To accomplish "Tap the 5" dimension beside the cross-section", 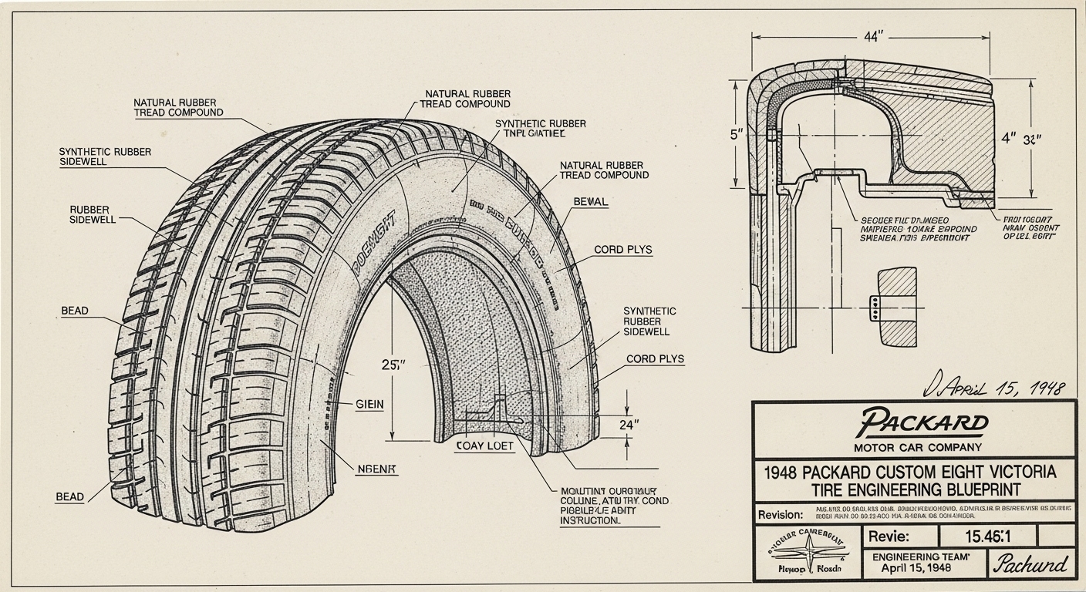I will pos(735,134).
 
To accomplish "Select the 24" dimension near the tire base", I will pos(630,423).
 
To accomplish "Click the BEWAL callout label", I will pos(591,202).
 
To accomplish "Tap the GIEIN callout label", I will pos(369,404).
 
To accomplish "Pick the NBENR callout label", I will pos(376,469).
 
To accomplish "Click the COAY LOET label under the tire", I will pos(484,446).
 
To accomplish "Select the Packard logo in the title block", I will pos(923,422).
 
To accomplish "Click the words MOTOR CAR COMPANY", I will pos(918,447).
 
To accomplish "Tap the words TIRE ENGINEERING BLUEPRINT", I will pos(913,489).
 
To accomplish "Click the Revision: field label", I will pos(781,514).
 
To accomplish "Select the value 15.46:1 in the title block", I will pos(987,536).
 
